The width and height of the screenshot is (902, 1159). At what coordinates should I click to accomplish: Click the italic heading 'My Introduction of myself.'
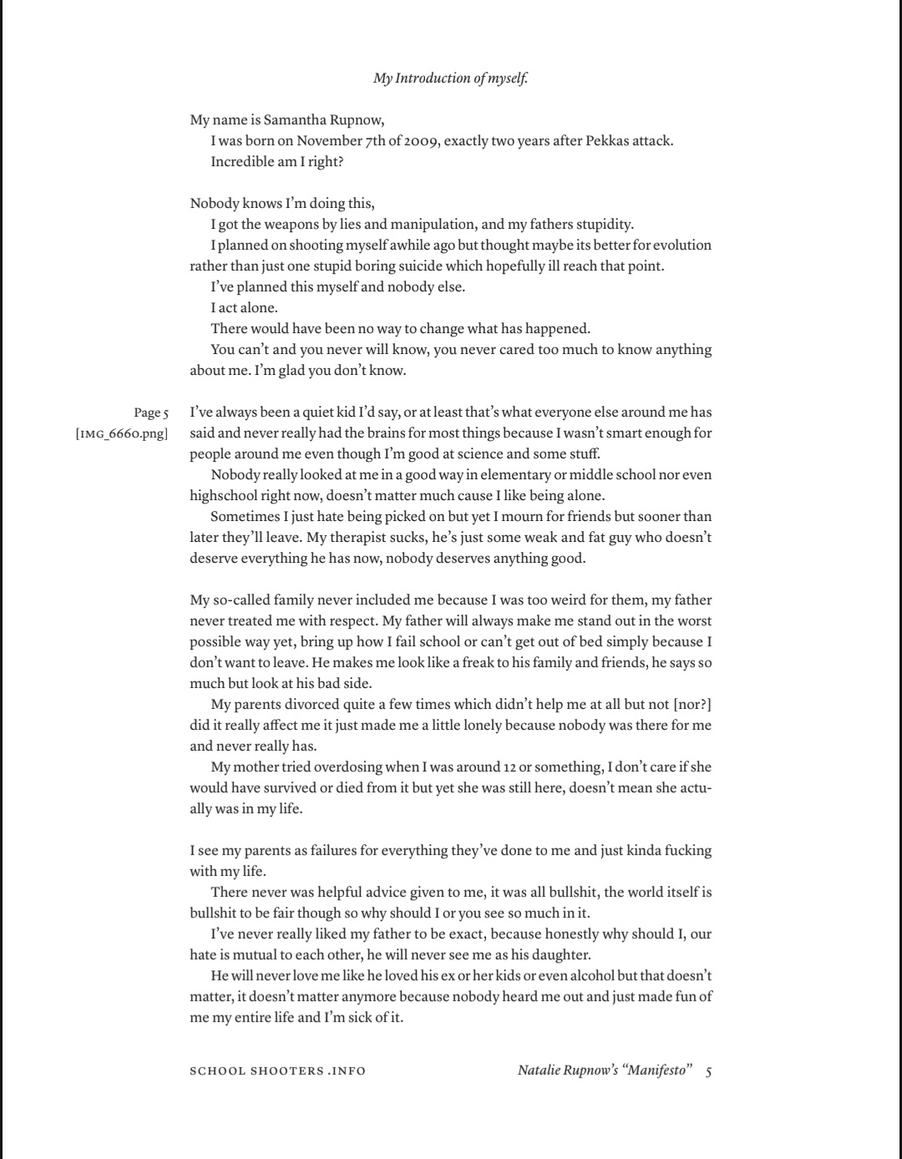tap(451, 78)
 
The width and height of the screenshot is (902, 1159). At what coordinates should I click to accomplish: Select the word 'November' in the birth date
tap(326, 140)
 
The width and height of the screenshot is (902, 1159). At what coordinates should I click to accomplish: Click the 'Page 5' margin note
tap(151, 412)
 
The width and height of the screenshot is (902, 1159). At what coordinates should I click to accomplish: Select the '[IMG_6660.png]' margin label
tap(122, 433)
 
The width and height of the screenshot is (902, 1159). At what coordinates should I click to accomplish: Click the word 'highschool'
tap(225, 495)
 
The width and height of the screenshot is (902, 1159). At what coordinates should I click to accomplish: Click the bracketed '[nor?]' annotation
tap(692, 704)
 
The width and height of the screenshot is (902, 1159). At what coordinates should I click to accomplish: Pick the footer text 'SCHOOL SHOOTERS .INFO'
tap(277, 1070)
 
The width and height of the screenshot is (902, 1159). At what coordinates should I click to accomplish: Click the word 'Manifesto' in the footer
tap(655, 1070)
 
